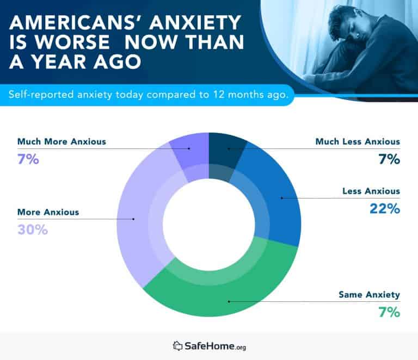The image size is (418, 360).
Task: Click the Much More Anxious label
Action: click(x=62, y=142)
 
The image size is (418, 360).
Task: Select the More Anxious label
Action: click(x=48, y=212)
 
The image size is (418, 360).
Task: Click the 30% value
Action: click(x=32, y=230)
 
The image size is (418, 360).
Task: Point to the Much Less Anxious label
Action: click(x=358, y=142)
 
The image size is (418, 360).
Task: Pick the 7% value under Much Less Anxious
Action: click(x=389, y=160)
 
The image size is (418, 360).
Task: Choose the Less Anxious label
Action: click(x=371, y=191)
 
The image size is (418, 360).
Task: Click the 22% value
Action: click(x=386, y=209)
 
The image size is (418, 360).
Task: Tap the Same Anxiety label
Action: click(x=369, y=295)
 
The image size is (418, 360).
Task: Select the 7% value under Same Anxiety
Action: click(x=389, y=313)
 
